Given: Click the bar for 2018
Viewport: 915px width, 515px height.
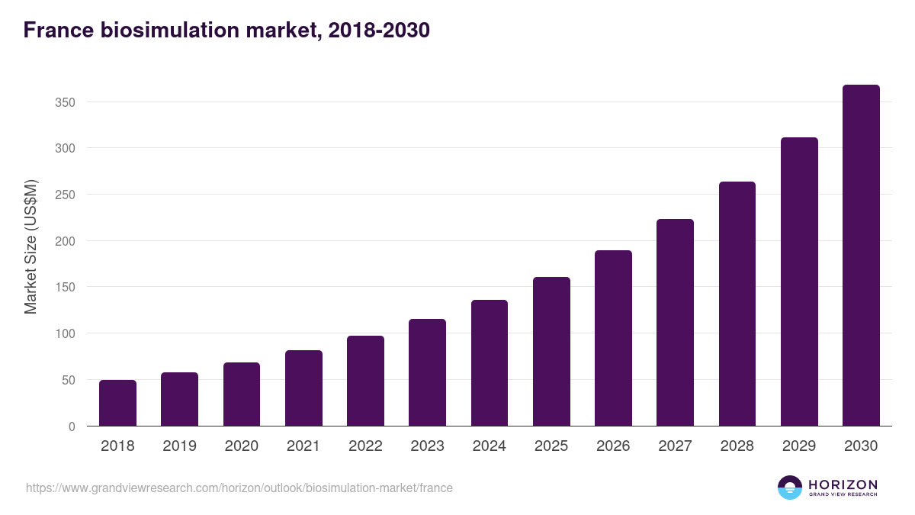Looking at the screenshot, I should click(117, 403).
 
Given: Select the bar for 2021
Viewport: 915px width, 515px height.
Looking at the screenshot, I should click(303, 388).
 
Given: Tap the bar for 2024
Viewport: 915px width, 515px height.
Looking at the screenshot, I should click(490, 363).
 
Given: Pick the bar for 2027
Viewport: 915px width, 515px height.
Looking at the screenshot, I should click(676, 323).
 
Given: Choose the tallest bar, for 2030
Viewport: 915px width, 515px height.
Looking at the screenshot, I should click(861, 256).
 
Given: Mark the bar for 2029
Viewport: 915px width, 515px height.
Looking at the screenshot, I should click(799, 282).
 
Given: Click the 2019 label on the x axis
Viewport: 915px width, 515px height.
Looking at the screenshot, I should click(179, 446).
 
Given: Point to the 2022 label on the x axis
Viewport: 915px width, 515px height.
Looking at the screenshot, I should click(365, 446).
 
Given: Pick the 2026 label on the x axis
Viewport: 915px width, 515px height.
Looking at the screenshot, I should click(613, 446).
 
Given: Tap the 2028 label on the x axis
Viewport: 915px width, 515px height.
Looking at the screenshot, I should click(737, 446).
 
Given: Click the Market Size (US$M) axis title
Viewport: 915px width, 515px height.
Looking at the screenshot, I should click(31, 246).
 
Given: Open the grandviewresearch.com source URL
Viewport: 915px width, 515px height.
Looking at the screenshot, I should click(239, 488).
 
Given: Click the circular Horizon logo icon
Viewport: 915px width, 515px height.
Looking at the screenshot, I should click(790, 488).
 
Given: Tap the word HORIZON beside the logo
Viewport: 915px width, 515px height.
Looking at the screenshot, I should click(843, 484).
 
